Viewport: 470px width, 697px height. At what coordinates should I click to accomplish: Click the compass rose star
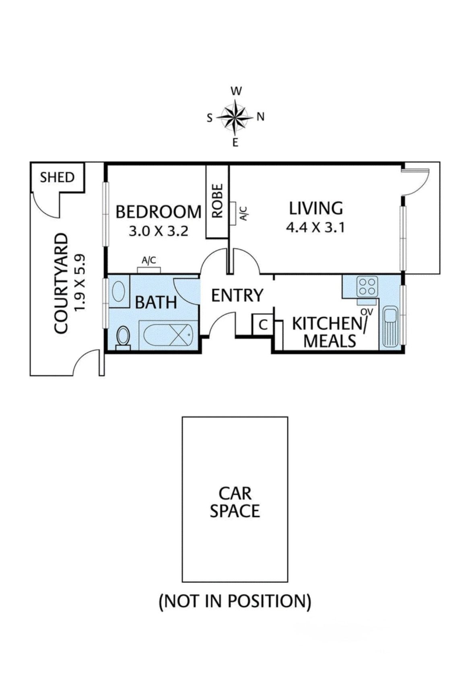(235, 117)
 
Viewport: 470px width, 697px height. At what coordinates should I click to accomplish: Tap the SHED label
(57, 177)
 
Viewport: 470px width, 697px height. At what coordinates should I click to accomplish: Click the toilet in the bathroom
(123, 337)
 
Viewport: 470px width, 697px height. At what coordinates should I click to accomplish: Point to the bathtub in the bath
(168, 334)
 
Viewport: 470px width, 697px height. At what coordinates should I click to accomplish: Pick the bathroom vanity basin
(118, 291)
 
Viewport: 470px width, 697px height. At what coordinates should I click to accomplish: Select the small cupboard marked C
(263, 324)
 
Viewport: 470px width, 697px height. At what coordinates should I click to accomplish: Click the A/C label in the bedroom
(149, 260)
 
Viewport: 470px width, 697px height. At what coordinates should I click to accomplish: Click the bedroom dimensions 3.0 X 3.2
(158, 231)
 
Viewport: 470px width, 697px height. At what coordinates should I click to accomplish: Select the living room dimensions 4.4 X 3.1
(315, 228)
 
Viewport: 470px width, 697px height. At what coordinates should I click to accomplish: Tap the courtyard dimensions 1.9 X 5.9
(80, 282)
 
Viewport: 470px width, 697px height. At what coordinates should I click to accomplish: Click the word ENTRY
(237, 295)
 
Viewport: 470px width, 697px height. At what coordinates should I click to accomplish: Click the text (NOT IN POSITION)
(235, 601)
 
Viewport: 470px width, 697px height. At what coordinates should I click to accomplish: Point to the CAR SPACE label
(235, 502)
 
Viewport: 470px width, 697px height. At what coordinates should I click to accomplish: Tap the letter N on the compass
(261, 117)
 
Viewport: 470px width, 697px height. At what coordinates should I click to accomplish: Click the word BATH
(156, 302)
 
